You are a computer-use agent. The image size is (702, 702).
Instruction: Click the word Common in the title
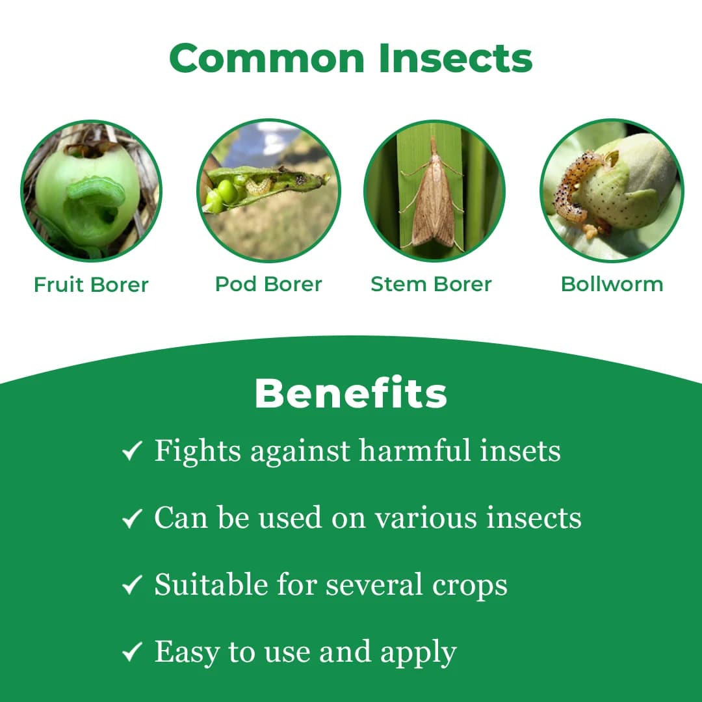[268, 58]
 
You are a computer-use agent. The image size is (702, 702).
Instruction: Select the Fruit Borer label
[91, 285]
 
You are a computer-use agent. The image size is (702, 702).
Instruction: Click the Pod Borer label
[268, 284]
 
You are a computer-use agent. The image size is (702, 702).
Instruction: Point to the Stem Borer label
[431, 284]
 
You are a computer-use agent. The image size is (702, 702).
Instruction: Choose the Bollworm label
[612, 284]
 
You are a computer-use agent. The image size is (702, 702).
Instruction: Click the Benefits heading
[351, 393]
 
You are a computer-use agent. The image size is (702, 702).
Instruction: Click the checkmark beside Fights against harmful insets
[132, 451]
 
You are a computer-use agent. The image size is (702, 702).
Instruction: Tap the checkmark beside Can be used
[132, 518]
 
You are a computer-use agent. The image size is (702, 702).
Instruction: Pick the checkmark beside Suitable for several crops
[132, 586]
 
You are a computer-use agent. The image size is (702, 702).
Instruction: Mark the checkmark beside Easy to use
[132, 653]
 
